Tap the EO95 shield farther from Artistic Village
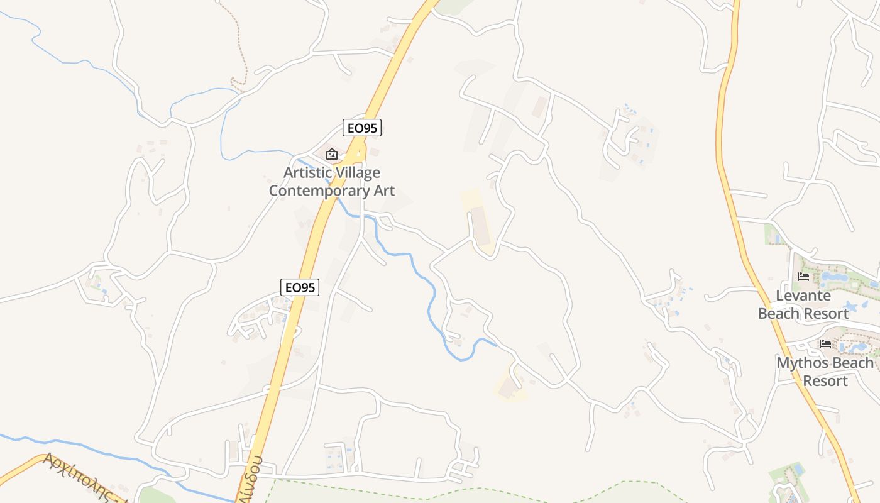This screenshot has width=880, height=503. coord(300,287)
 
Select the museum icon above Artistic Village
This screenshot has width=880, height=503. coord(331,154)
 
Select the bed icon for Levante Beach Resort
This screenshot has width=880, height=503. coord(803,276)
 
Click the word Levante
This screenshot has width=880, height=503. coord(803,296)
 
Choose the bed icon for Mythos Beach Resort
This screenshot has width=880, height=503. coord(825,343)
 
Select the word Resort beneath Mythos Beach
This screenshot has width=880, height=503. coord(825,381)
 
